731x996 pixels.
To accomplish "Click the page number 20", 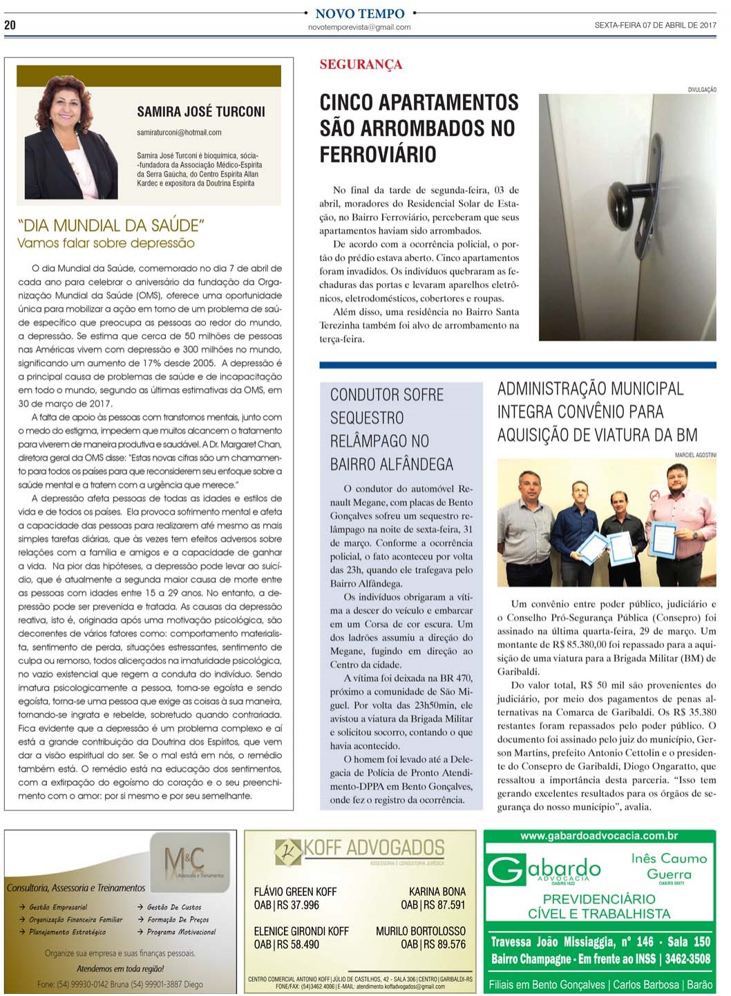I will [10, 25].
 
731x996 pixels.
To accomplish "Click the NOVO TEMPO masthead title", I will [359, 13].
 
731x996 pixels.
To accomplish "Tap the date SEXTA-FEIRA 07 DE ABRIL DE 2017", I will [654, 25].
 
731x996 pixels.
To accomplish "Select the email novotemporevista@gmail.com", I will [359, 28].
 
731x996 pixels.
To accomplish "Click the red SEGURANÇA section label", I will [361, 65].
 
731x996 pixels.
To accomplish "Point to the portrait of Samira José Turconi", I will [70, 138].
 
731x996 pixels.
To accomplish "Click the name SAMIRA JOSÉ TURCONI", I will [200, 112].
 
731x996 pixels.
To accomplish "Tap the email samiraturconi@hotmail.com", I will [179, 133].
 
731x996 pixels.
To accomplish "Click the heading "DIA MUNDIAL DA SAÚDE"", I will [111, 226].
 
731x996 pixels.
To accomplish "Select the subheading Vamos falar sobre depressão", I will [106, 244].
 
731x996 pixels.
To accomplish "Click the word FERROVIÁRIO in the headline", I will [377, 154].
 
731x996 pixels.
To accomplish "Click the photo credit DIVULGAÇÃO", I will [701, 90].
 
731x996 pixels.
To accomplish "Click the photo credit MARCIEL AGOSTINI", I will [695, 455].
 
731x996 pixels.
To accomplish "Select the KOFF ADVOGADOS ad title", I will [374, 848].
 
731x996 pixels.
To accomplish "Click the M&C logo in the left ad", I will [184, 860].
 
